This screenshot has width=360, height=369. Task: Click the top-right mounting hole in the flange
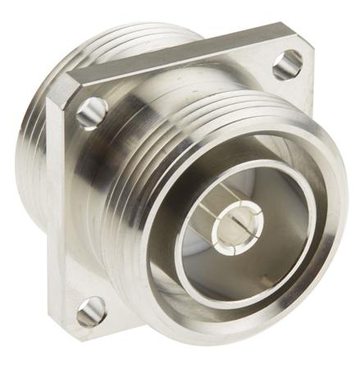[287, 64]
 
